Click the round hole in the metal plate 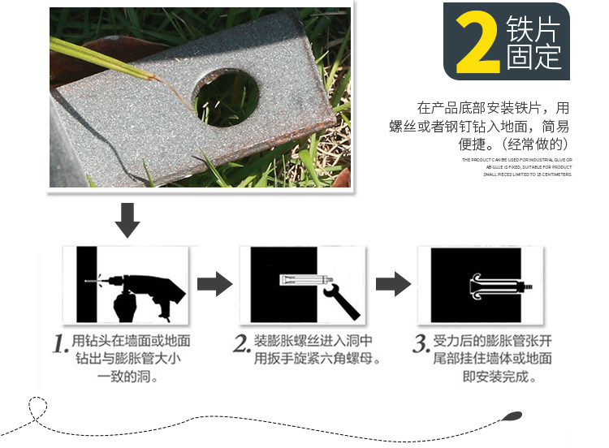click(227, 98)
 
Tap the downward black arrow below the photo click(127, 218)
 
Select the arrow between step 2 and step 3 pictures click(392, 285)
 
